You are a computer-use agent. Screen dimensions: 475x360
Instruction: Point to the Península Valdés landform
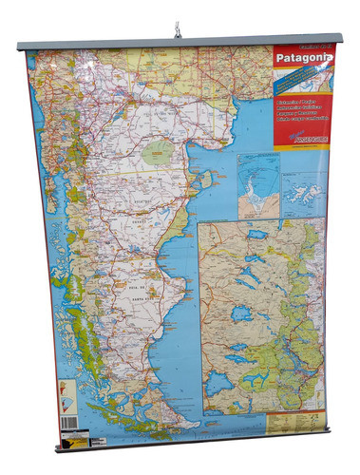pyautogui.click(x=201, y=178)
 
